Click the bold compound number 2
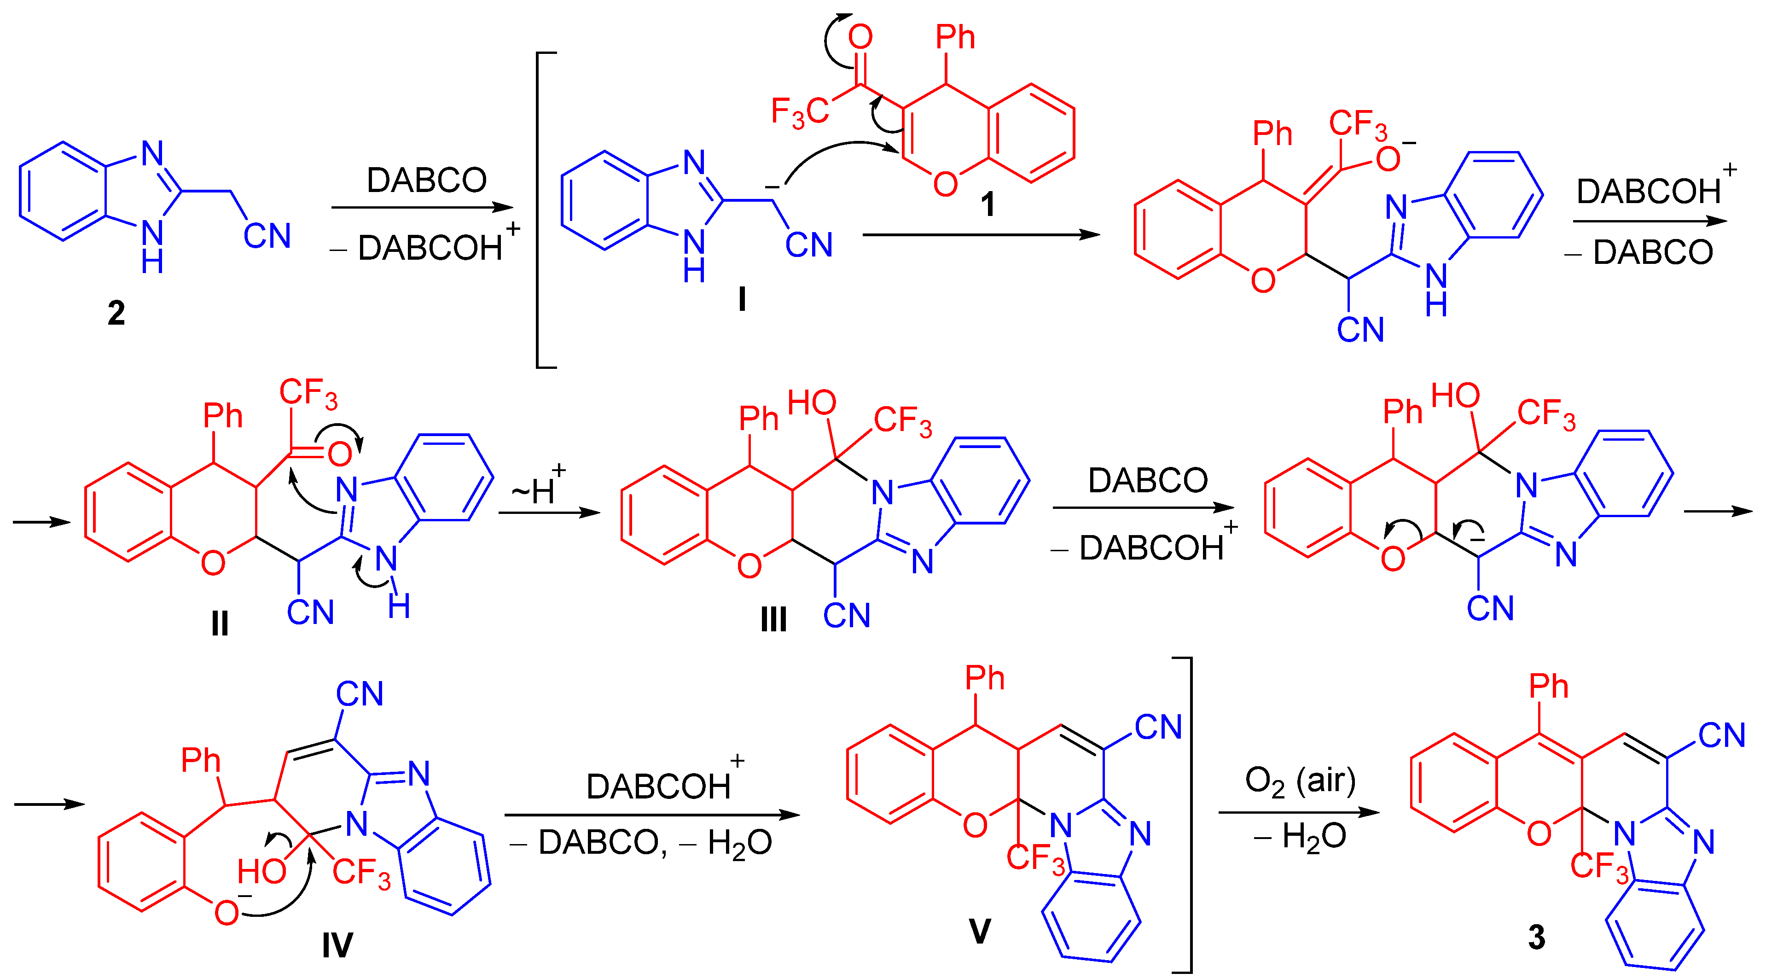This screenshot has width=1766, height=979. [116, 313]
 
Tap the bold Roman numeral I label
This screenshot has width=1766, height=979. [742, 299]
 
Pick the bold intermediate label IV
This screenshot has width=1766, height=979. [337, 945]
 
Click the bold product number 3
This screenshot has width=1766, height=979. [1536, 937]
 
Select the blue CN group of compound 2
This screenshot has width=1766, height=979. [267, 237]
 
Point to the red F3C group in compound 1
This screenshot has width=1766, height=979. [799, 112]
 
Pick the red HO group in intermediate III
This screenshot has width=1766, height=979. [812, 403]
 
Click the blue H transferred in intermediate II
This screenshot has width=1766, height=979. [399, 606]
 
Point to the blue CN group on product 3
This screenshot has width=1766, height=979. [1721, 735]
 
